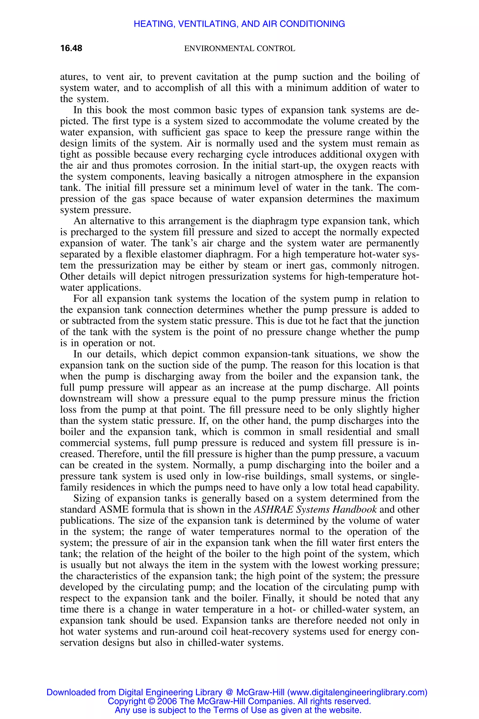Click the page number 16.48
[x=71, y=48]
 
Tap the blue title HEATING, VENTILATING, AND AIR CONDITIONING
[x=239, y=24]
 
